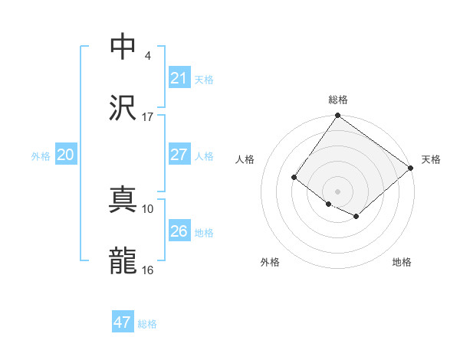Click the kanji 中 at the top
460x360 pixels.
click(123, 46)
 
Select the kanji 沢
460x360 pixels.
click(123, 107)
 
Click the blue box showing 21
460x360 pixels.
click(179, 77)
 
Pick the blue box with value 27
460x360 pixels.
click(179, 154)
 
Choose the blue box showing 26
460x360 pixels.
click(179, 231)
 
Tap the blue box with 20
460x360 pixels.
click(65, 154)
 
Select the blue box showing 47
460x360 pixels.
click(123, 322)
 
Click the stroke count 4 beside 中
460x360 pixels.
click(148, 56)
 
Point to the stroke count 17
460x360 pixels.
click(147, 117)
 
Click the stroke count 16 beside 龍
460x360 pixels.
click(147, 270)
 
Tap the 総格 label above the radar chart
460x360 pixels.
click(338, 100)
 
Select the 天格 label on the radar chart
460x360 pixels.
click(431, 159)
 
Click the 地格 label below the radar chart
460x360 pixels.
click(402, 262)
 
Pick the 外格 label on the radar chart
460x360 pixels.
click(270, 262)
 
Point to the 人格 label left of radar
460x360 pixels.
click(245, 159)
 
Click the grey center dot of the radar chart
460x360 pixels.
click(337, 191)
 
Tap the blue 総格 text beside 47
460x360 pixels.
click(148, 324)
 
